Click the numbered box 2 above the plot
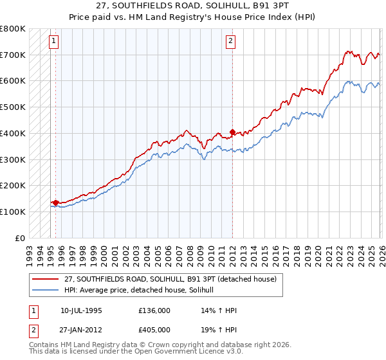click(x=230, y=41)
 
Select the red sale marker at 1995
click(x=56, y=203)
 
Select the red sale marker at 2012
click(x=232, y=132)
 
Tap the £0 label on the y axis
click(x=21, y=238)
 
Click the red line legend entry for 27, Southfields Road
click(x=170, y=279)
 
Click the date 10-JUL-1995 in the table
click(x=81, y=310)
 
